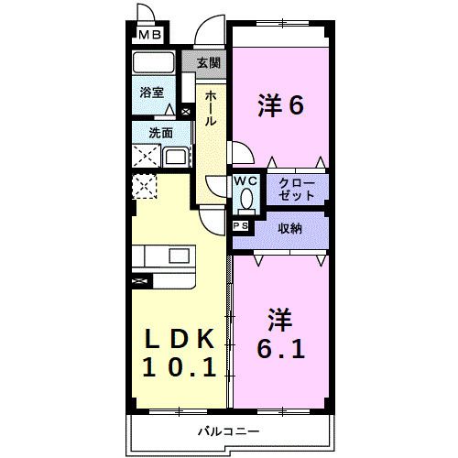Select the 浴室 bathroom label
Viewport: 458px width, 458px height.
click(151, 92)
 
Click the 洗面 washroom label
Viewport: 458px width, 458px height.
click(160, 133)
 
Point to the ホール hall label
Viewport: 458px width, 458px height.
click(210, 108)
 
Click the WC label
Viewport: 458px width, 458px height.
click(245, 181)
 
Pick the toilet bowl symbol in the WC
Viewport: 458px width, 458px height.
click(245, 200)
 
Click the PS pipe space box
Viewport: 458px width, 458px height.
click(241, 225)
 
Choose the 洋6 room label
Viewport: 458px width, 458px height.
click(279, 107)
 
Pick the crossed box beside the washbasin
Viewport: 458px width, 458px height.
click(146, 156)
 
